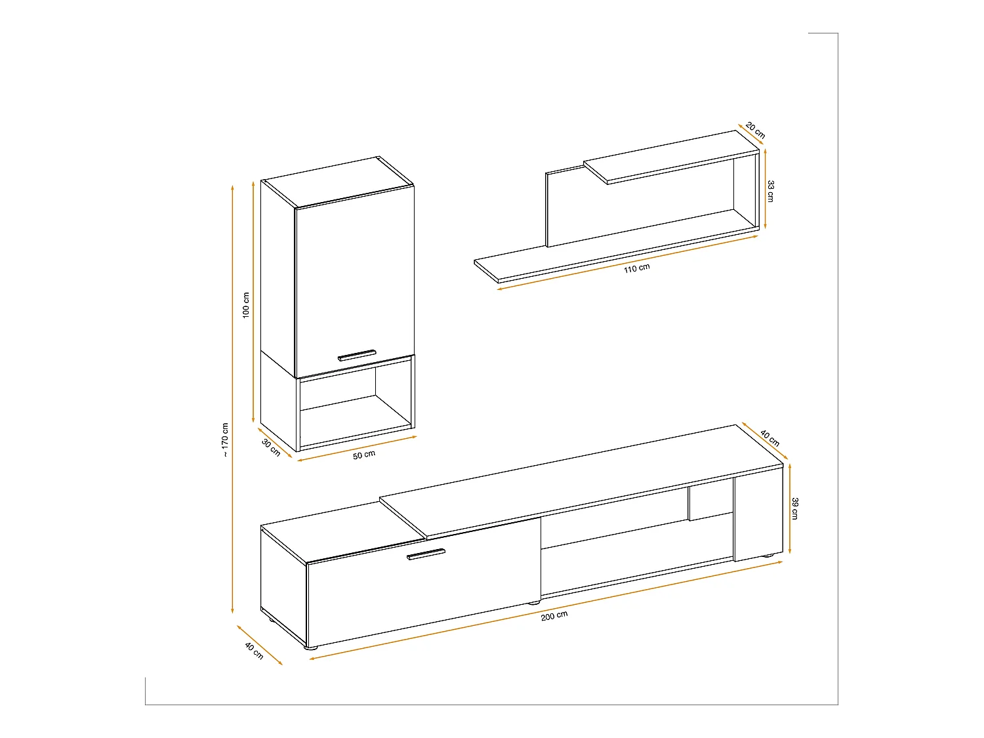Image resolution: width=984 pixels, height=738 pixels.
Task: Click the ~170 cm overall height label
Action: tap(225, 440)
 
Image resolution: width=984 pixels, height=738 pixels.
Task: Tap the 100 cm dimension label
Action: tap(246, 305)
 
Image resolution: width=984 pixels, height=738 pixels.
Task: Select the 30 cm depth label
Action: tap(271, 447)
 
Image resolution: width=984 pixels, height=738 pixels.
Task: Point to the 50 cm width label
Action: tap(364, 454)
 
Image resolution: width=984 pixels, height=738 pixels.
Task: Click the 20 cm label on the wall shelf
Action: tap(756, 131)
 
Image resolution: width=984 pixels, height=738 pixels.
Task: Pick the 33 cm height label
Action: tap(771, 191)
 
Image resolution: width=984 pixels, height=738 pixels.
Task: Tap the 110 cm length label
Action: tap(637, 268)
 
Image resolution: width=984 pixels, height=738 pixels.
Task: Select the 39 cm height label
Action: tap(795, 508)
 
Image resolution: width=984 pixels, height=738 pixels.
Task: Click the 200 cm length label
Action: tap(554, 615)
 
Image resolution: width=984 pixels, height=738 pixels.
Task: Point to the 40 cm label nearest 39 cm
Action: tap(770, 438)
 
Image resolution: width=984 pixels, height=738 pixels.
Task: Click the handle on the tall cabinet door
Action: tap(357, 355)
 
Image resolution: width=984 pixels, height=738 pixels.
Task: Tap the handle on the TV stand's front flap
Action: tap(426, 554)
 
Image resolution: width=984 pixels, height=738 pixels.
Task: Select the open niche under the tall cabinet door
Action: tap(354, 407)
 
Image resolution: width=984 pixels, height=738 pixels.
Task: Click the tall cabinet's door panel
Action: tap(354, 282)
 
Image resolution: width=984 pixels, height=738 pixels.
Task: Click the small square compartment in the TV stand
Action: tap(710, 502)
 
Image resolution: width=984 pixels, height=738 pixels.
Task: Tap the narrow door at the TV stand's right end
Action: tap(758, 518)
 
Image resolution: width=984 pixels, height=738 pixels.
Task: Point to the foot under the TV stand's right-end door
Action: tap(768, 558)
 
